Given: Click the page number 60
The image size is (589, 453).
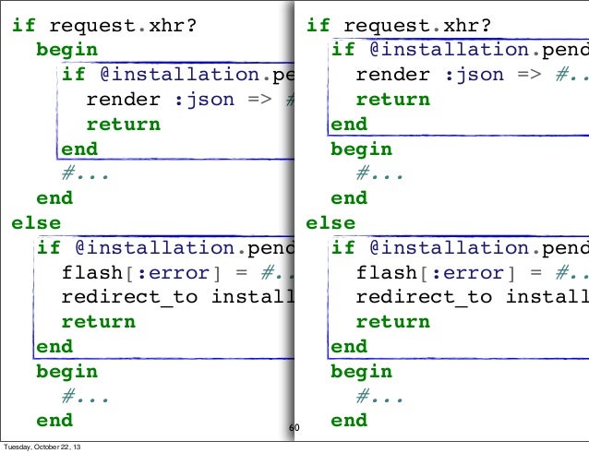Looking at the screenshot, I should point(294,428).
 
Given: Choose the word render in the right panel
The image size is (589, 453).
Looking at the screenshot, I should point(393,75).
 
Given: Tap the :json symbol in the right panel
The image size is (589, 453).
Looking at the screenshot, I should point(475,75).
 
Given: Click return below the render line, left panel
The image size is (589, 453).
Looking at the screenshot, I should point(123,125).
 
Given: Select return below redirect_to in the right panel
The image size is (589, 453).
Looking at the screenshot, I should point(393,322).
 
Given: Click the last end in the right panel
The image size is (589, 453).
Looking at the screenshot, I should point(349,421).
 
